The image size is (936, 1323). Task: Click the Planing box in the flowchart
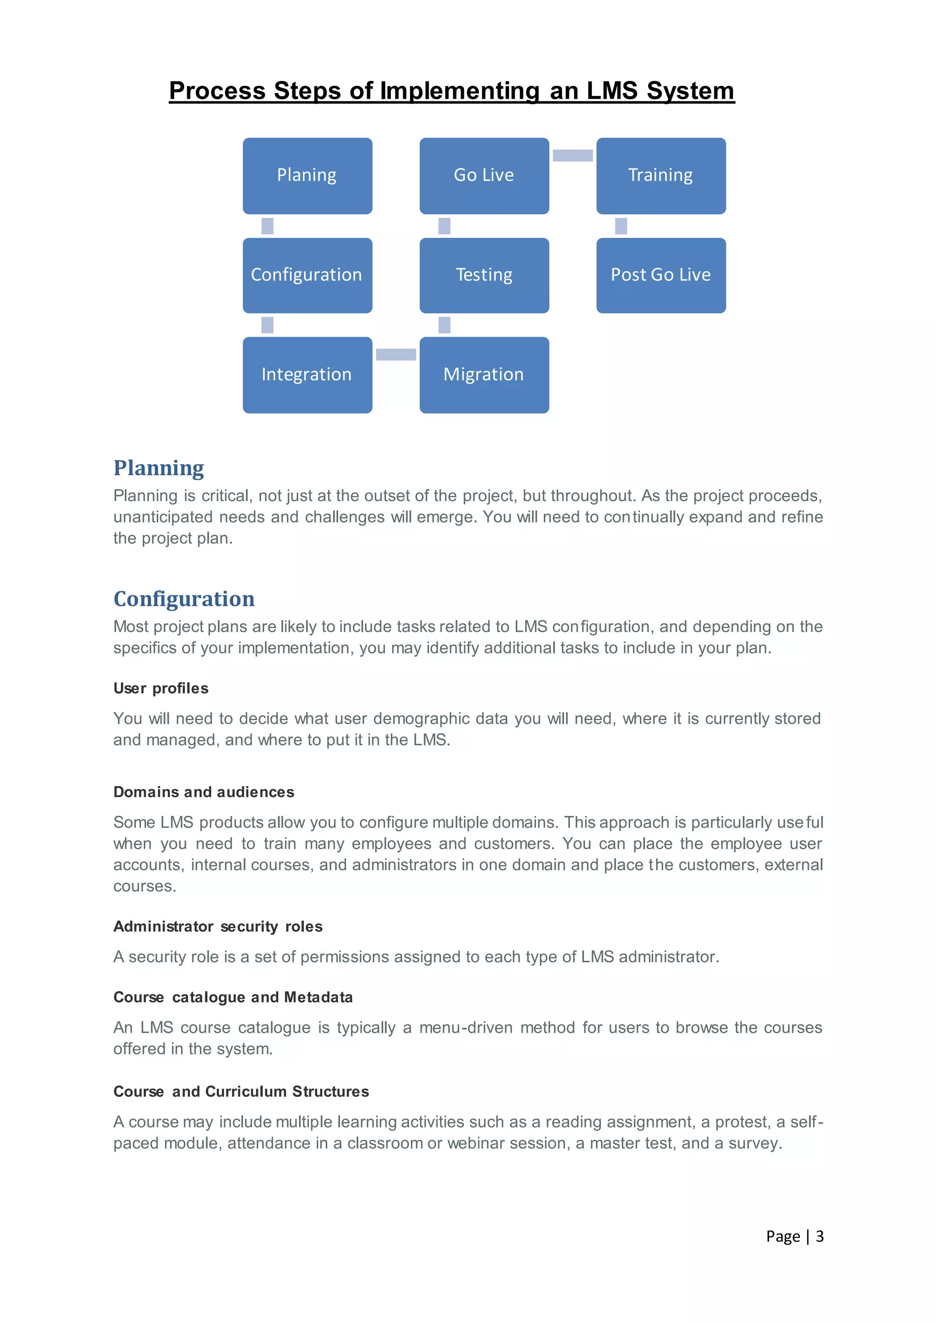[307, 176]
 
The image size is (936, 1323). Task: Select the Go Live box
[484, 176]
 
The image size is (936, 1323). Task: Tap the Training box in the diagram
[660, 176]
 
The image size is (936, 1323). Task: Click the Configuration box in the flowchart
[307, 275]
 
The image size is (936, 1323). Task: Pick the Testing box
[484, 275]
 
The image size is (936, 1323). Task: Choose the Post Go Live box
[660, 275]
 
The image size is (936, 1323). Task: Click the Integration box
[307, 375]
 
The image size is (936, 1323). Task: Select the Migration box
[484, 375]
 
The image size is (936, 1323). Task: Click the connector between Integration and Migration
[396, 355]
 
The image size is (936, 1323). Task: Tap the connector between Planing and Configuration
[267, 226]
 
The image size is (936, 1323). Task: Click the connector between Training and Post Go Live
[621, 226]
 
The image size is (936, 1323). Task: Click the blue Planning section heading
[159, 468]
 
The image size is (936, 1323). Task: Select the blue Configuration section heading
[184, 599]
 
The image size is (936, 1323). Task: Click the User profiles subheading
[161, 688]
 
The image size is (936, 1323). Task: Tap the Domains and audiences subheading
[203, 792]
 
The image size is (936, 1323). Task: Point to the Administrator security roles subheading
[218, 926]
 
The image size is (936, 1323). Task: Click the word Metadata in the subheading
[318, 997]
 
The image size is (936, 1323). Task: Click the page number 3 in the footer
[819, 1236]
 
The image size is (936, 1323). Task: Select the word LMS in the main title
[612, 91]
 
